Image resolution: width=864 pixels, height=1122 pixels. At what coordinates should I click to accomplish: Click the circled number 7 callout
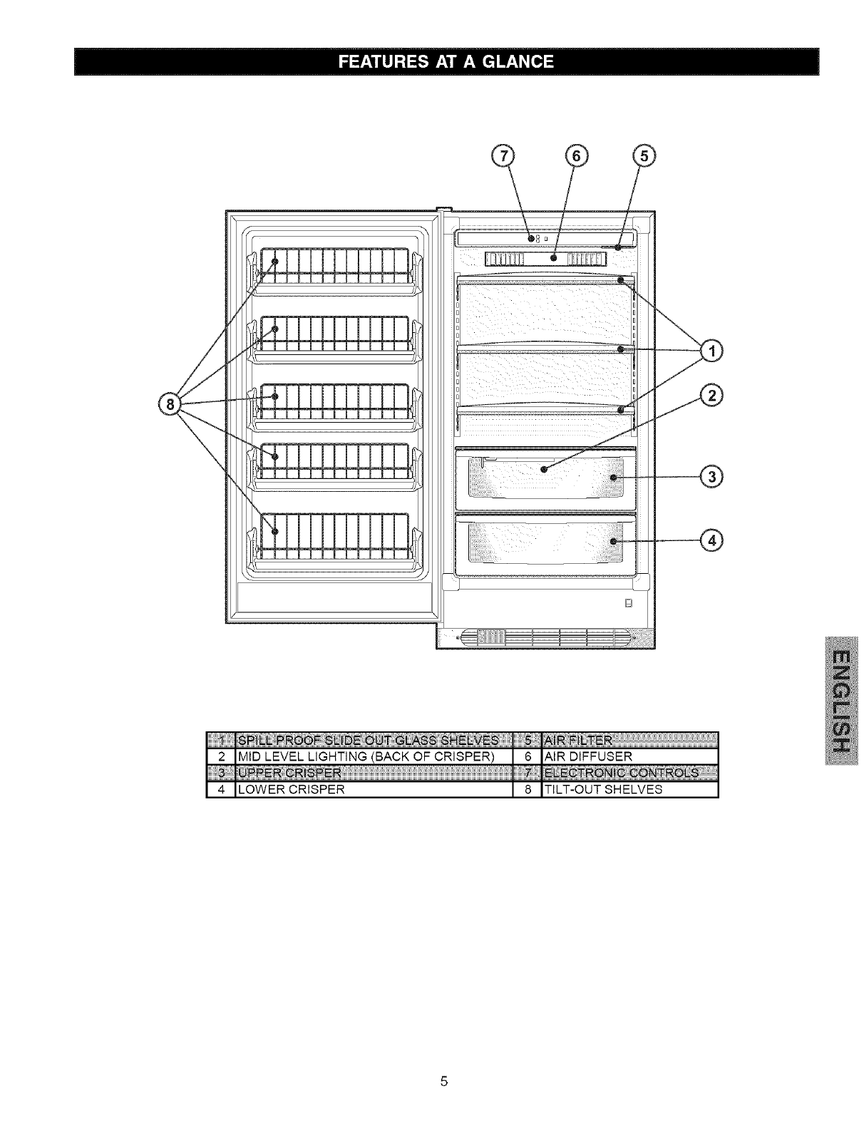point(504,156)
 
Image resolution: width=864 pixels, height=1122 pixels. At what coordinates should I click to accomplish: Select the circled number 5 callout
point(644,156)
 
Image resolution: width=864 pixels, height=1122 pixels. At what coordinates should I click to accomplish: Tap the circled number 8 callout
point(170,405)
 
